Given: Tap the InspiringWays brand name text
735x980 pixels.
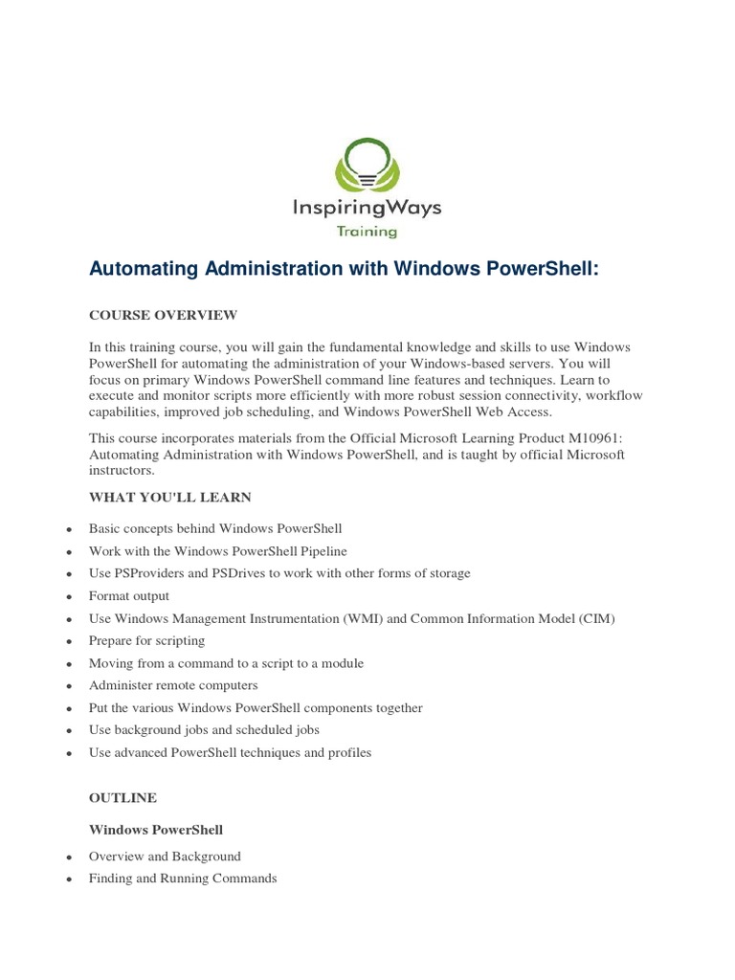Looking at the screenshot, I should click(367, 207).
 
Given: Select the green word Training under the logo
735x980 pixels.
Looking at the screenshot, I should click(367, 231).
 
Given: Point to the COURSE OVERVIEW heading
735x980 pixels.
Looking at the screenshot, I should click(163, 315).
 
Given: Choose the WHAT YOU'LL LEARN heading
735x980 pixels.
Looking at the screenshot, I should click(170, 498).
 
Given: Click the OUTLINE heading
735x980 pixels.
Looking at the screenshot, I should click(122, 797).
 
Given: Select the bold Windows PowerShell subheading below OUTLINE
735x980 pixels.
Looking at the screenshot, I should click(156, 829).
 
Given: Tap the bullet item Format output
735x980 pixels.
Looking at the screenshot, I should click(129, 596).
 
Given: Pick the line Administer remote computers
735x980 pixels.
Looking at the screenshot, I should click(173, 685).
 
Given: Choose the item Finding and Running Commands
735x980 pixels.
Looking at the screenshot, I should click(183, 879).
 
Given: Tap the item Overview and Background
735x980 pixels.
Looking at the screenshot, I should click(165, 857).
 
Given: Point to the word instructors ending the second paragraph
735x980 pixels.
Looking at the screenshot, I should click(122, 471).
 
